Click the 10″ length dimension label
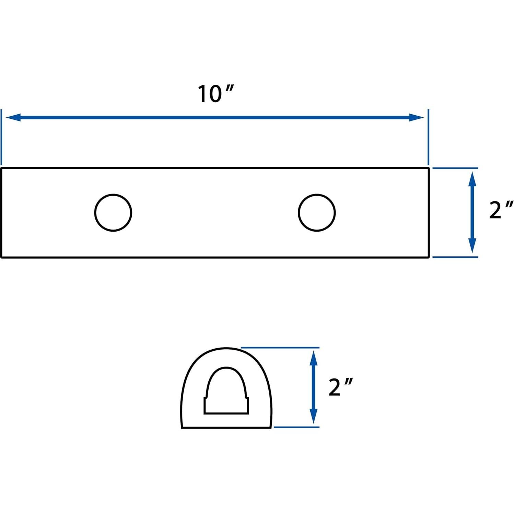[215, 94]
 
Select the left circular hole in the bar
[113, 213]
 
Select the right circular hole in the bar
[317, 213]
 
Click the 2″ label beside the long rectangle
[500, 210]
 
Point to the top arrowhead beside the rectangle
[472, 178]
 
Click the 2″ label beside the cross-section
[340, 387]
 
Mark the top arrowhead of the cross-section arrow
[313, 358]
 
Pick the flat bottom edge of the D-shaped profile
[226, 428]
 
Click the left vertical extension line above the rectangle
[2, 137]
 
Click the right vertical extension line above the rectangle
[428, 137]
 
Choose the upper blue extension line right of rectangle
[455, 168]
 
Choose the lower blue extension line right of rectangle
[455, 257]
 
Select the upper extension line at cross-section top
[280, 348]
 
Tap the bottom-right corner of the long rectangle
[429, 257]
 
